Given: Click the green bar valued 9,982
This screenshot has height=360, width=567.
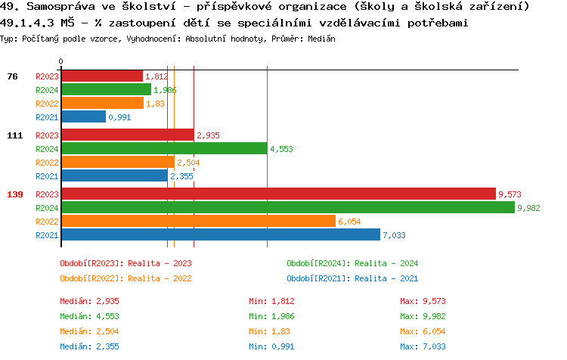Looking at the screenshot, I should click(287, 207).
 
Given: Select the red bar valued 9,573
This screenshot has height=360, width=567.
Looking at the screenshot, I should click(278, 194).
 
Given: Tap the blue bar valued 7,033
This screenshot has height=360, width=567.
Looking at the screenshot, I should click(220, 234).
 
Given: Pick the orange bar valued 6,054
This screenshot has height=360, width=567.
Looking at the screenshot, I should click(198, 221).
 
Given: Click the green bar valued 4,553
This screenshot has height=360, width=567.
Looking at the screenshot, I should click(164, 148).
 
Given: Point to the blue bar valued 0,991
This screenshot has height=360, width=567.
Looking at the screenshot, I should click(83, 116).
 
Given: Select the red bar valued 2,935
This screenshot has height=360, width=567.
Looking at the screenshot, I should click(127, 135).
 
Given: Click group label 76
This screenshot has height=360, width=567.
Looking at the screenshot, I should click(12, 76).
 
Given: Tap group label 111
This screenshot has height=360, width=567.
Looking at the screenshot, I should click(14, 135).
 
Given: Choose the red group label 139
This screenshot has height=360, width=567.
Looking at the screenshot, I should click(14, 194).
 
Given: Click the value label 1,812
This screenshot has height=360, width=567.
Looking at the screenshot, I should click(156, 76).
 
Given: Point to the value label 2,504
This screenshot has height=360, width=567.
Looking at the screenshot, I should click(188, 163).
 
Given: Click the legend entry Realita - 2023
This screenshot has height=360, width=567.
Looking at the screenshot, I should click(125, 263).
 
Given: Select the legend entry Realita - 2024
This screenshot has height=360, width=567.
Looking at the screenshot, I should click(352, 263).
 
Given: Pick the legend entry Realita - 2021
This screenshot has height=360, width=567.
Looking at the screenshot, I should click(352, 278).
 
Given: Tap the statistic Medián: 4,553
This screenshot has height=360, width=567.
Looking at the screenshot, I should click(89, 316).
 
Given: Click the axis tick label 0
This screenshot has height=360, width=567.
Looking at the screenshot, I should click(61, 61).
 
